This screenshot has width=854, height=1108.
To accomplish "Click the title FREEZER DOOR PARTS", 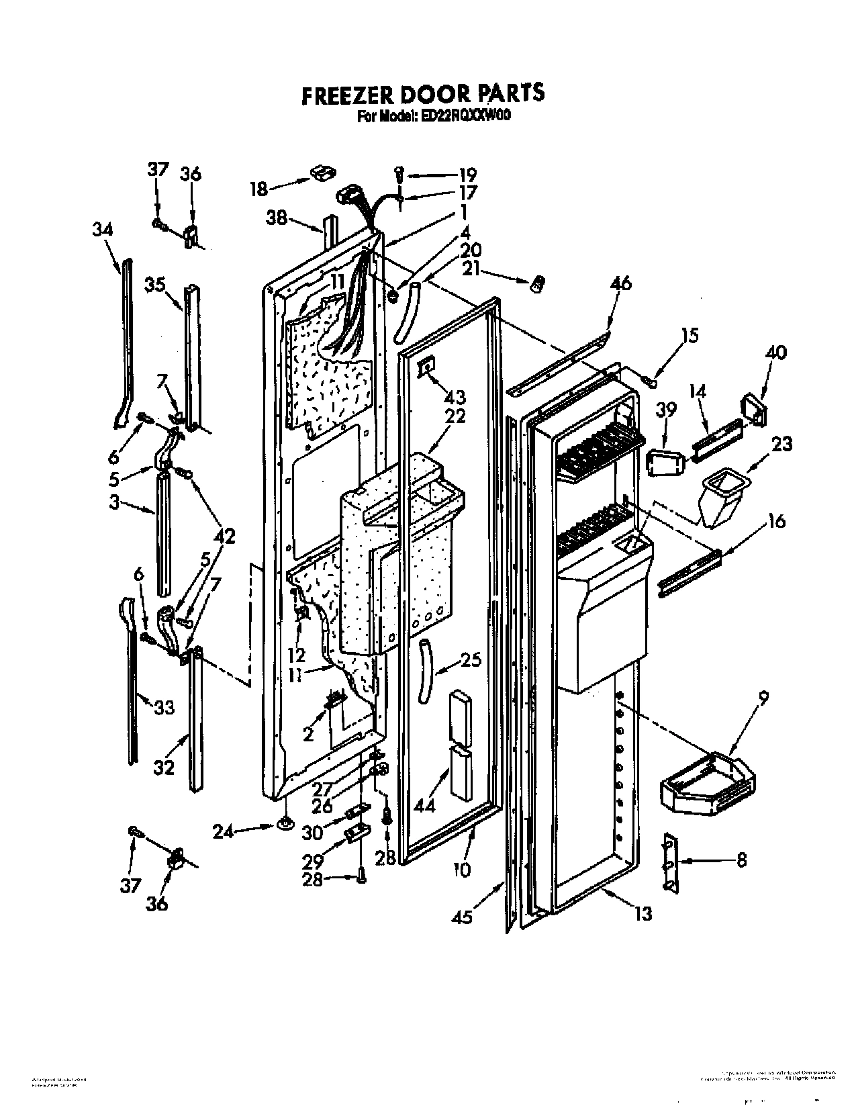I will point(422,95).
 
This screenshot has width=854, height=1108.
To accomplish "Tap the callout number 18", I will point(259,188).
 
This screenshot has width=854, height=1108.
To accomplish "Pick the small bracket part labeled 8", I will point(670,862).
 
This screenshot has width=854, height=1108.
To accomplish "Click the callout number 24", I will point(224,832).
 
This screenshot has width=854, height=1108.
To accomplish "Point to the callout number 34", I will point(103,230).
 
